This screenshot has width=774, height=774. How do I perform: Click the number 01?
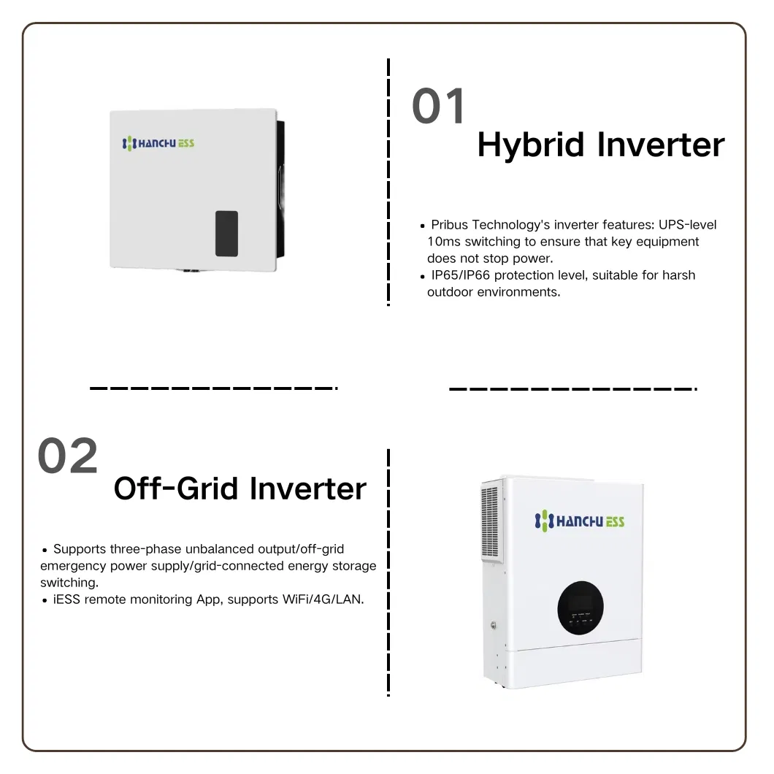(x=439, y=107)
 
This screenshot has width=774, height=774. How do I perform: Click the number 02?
(x=68, y=456)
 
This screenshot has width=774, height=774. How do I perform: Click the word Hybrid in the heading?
(x=532, y=145)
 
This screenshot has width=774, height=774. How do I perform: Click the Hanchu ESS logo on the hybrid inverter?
(x=158, y=143)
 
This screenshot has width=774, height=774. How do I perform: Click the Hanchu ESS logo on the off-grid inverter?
(x=580, y=521)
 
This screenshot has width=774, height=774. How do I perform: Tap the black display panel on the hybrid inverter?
(x=226, y=234)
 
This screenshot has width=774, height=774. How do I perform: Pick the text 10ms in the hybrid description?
(x=442, y=242)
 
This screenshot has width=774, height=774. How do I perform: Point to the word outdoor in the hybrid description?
(x=448, y=292)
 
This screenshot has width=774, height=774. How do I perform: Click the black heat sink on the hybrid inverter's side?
(x=280, y=190)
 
